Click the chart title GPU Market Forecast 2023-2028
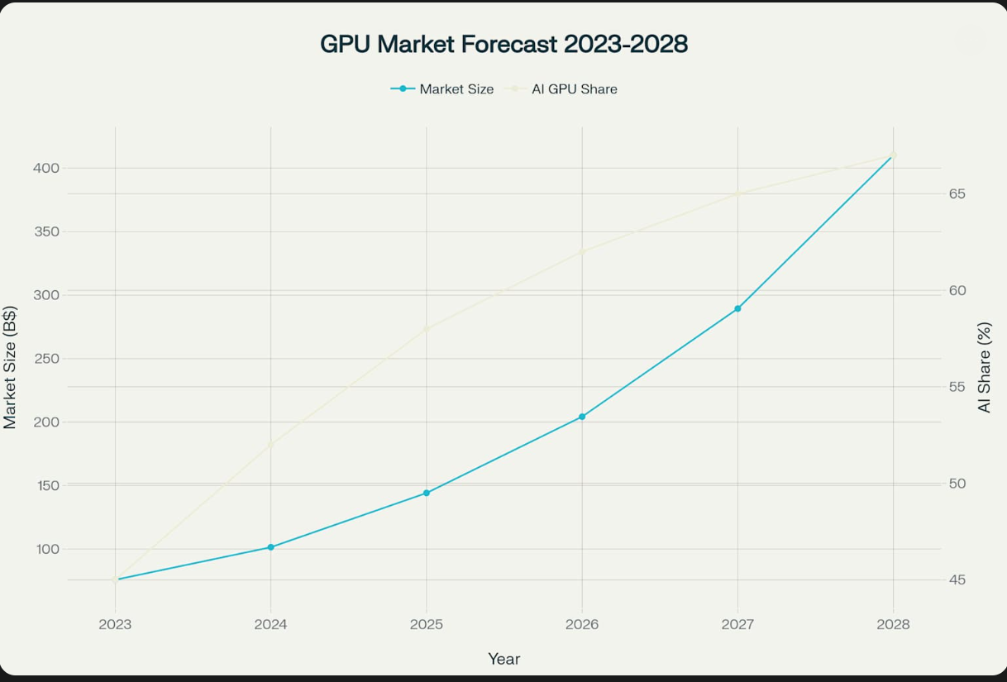point(503,44)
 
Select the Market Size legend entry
point(443,89)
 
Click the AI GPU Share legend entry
point(565,89)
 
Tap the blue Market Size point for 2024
point(270,547)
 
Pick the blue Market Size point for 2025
point(427,493)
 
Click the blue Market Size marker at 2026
point(582,417)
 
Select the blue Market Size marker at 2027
point(737,308)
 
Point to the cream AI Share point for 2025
point(427,328)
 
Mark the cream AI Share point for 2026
point(582,251)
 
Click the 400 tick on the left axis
point(47,168)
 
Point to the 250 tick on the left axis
point(47,359)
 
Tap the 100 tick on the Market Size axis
point(47,549)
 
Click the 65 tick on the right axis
point(958,194)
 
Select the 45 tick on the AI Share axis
point(958,580)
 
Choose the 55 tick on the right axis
point(958,387)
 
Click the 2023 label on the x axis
point(115,625)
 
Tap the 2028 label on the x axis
point(893,625)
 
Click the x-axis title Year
point(503,659)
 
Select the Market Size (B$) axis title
point(10,367)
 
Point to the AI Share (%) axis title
point(984,367)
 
